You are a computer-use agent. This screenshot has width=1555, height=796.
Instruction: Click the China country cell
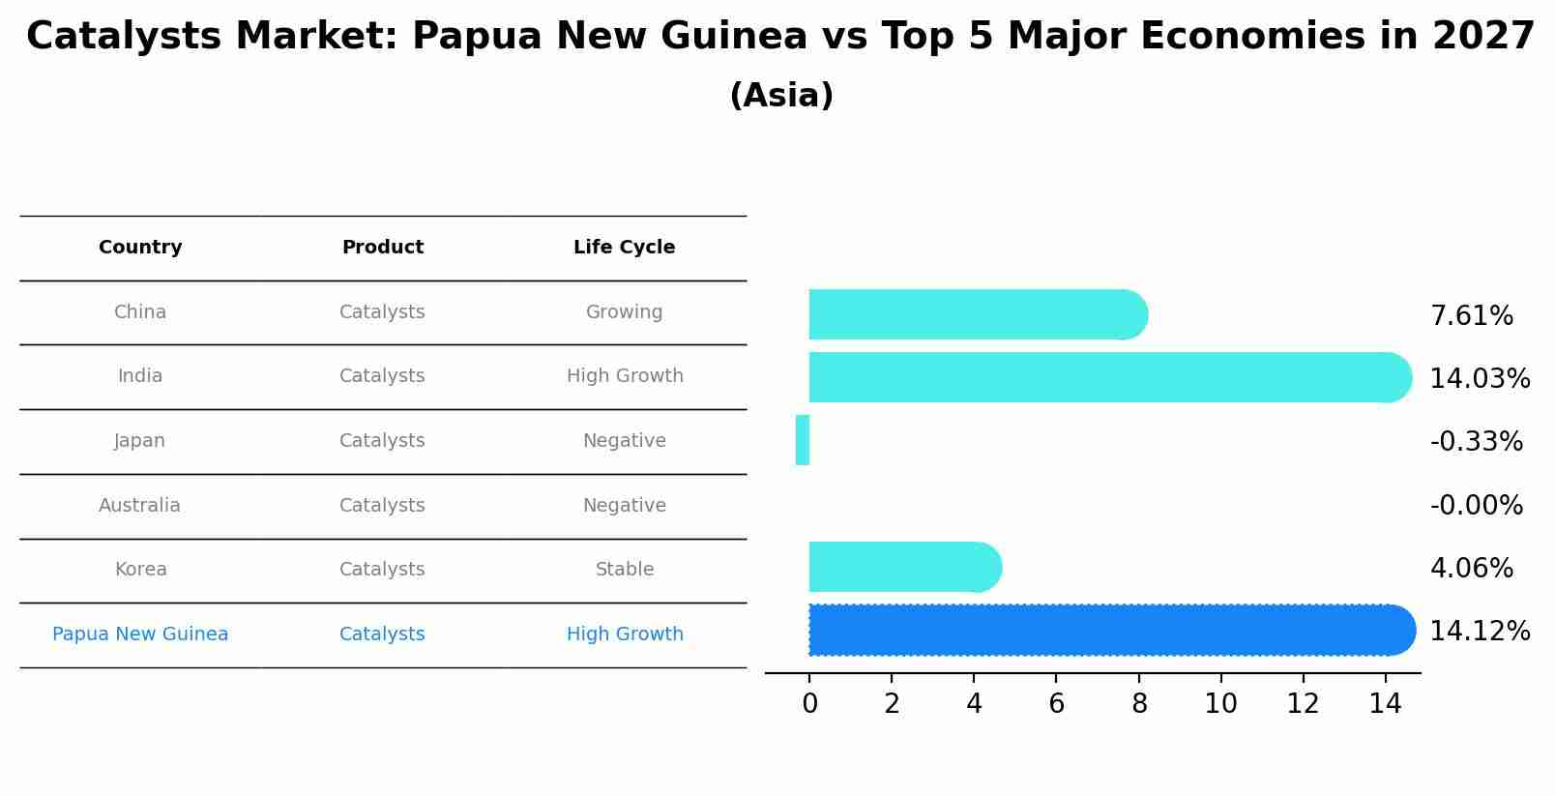point(140,312)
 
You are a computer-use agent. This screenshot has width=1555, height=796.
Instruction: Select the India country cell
point(140,376)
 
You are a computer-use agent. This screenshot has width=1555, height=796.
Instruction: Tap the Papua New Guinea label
point(140,634)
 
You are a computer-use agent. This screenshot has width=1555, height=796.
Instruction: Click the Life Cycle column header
point(624,248)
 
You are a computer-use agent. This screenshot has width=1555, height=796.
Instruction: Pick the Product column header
point(383,248)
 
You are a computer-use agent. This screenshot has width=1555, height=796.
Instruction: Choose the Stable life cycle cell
point(625,570)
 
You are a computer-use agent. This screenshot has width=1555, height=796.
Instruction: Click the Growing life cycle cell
point(624,312)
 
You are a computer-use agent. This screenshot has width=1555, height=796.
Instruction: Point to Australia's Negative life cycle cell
point(624,506)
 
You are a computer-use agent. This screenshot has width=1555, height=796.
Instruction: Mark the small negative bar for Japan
point(803,440)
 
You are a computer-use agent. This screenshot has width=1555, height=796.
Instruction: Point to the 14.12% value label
point(1480,632)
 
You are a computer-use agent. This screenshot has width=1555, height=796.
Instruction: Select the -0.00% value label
point(1476,506)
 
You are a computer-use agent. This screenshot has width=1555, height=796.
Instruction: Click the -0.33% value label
point(1476,442)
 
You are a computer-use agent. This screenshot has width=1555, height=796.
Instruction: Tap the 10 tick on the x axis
point(1220,704)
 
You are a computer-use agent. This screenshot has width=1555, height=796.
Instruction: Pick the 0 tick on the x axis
point(810,704)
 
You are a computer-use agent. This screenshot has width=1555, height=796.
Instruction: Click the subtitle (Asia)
point(781,96)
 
